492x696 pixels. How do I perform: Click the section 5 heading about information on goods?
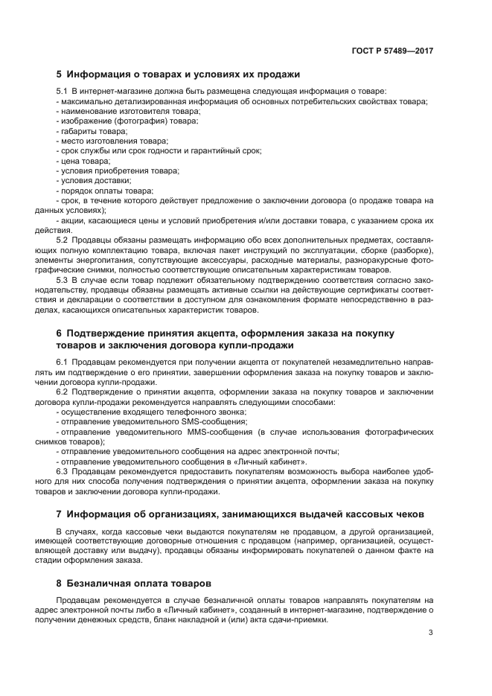tap(178, 74)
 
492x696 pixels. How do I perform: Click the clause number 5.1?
tap(63, 91)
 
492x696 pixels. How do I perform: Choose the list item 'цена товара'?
tap(85, 161)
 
